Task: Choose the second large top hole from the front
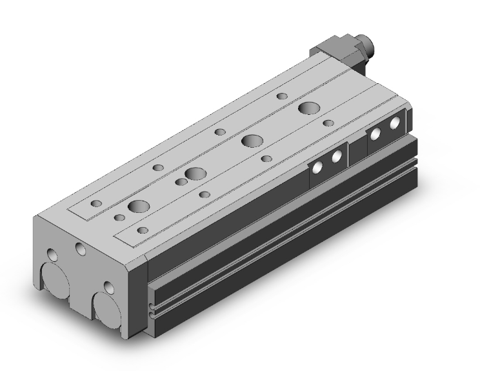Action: tap(192, 174)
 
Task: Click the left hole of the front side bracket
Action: tap(317, 167)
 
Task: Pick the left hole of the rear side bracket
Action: tap(374, 134)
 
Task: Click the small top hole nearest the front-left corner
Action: tap(96, 203)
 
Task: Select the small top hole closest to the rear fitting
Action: tap(282, 96)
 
